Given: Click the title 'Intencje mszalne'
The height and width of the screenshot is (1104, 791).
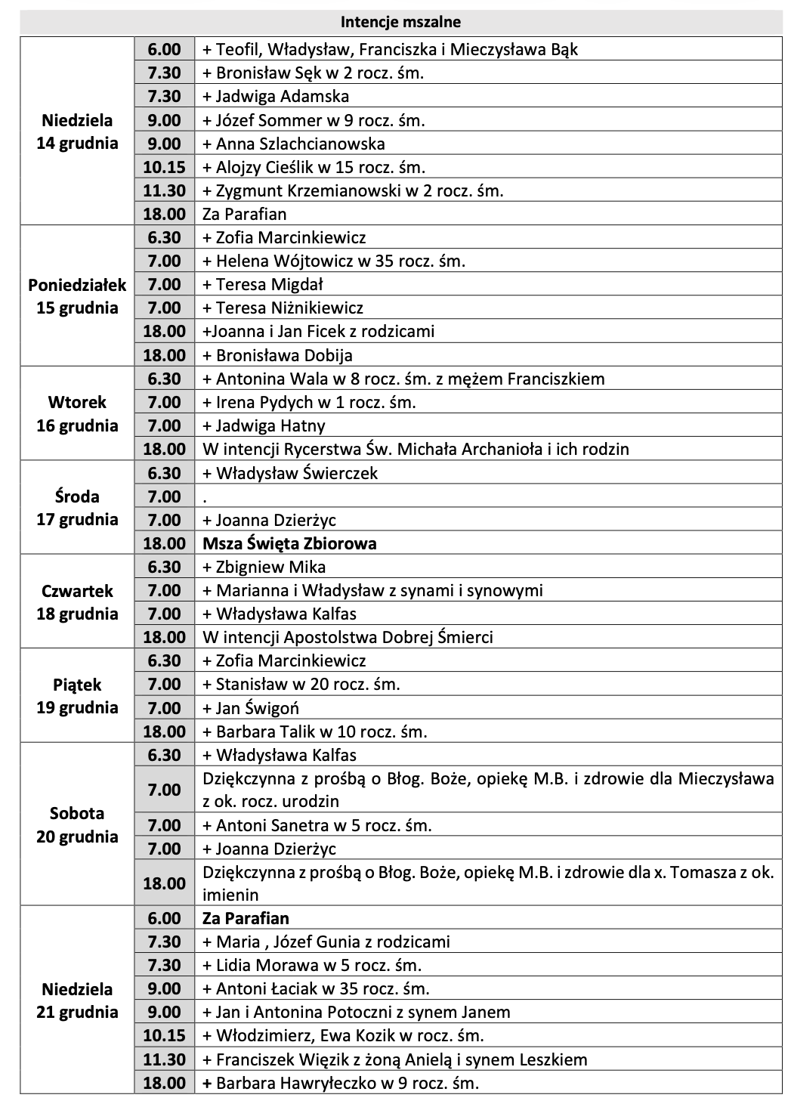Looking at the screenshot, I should coord(400,22).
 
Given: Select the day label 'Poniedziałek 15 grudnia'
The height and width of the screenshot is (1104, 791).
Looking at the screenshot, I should coord(77,296).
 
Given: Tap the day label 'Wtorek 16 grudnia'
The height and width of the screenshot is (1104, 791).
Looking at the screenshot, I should coord(77,413).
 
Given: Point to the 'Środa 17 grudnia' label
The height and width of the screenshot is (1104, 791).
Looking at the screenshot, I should coord(77,508).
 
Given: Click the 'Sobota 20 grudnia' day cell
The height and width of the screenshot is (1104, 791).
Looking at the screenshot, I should coord(77,825).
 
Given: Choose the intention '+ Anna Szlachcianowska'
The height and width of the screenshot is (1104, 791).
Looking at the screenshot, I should coord(294,144).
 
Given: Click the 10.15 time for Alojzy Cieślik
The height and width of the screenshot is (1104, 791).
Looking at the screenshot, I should coord(165,167).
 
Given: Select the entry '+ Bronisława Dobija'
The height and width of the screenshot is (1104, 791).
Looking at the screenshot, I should coord(277,355).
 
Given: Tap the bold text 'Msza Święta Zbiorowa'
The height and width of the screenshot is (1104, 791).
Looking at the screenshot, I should coord(289,543).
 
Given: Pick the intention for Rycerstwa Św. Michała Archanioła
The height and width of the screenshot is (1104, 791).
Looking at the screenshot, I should coord(416,449).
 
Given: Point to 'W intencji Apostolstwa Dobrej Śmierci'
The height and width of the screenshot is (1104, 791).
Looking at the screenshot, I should coord(348,637).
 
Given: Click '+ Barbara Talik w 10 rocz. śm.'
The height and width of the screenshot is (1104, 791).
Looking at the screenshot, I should coord(315,731).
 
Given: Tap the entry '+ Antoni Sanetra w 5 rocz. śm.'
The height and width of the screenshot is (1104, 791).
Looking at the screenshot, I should coord(317,825).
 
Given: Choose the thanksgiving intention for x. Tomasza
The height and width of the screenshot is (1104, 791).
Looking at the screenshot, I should coord(487,883).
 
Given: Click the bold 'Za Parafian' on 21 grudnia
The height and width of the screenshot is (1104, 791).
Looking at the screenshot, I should coord(246,919).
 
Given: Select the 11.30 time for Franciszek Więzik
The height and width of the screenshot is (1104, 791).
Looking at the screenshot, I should coord(165,1059).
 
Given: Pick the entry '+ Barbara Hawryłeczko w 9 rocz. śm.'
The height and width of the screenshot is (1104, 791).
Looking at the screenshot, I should coord(341,1083).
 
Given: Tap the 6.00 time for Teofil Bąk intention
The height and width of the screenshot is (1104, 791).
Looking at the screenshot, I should coord(165,50).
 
